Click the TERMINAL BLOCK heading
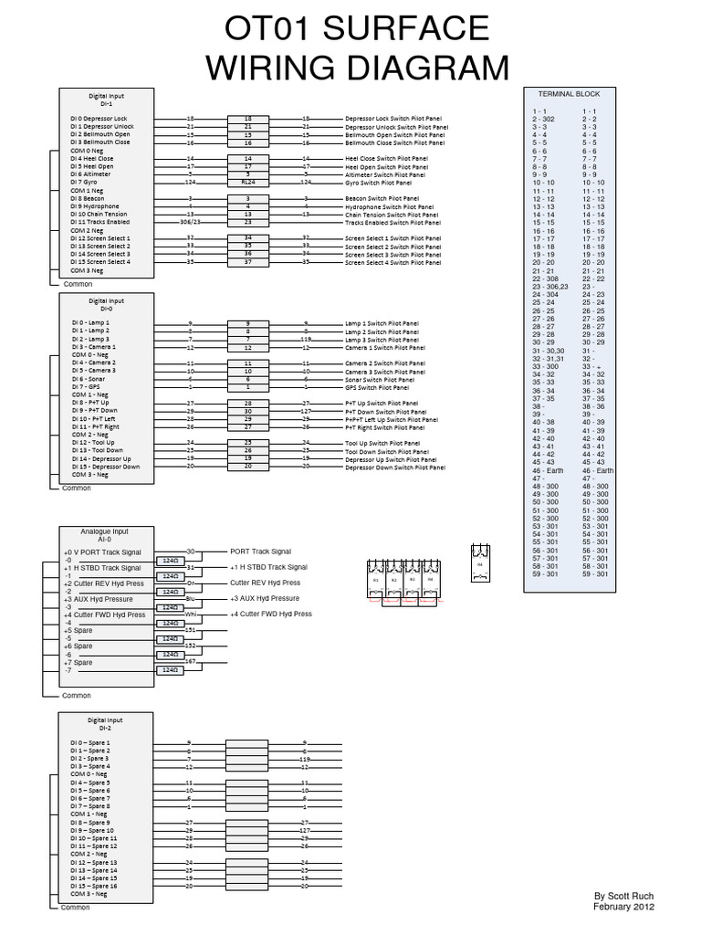point(570,94)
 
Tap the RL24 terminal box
point(247,183)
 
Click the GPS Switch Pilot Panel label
point(379,387)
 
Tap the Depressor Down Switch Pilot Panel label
point(395,467)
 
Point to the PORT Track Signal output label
point(260,552)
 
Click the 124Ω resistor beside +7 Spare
point(169,669)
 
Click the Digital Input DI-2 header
point(106,723)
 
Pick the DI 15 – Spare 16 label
point(94,886)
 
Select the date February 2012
point(624,907)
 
